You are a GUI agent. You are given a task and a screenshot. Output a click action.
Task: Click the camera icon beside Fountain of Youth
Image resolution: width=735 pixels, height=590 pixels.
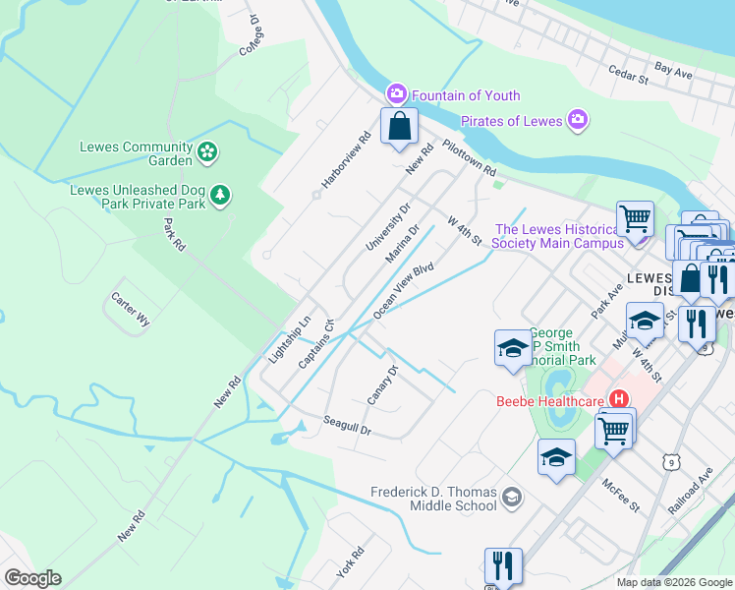397,94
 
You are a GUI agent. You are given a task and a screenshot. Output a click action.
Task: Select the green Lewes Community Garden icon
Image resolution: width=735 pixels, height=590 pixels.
207,151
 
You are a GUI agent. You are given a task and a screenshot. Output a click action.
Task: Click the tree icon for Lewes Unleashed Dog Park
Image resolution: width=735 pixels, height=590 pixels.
222,195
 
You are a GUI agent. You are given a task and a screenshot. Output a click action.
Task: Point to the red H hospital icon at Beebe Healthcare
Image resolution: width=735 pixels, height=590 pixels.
619,399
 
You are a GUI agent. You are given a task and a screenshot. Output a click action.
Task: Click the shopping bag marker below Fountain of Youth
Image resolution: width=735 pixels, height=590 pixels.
399,126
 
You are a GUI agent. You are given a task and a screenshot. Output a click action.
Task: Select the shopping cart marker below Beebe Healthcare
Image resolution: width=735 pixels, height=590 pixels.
614,428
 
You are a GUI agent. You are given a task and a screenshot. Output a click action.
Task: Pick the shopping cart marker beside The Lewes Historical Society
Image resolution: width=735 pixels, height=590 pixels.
635,218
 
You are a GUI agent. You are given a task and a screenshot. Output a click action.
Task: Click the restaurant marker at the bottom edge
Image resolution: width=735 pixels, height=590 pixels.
503,565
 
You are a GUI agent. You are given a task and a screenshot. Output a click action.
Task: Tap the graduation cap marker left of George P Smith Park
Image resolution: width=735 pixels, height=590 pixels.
512,348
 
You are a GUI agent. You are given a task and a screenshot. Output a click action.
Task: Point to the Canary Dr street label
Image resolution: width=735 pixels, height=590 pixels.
382,384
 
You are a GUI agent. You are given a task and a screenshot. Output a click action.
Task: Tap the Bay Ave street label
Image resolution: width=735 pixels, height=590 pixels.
674,72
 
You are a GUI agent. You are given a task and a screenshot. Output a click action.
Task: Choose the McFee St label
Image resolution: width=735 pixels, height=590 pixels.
621,495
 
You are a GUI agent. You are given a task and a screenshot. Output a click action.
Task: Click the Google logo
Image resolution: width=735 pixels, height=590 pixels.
32,578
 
